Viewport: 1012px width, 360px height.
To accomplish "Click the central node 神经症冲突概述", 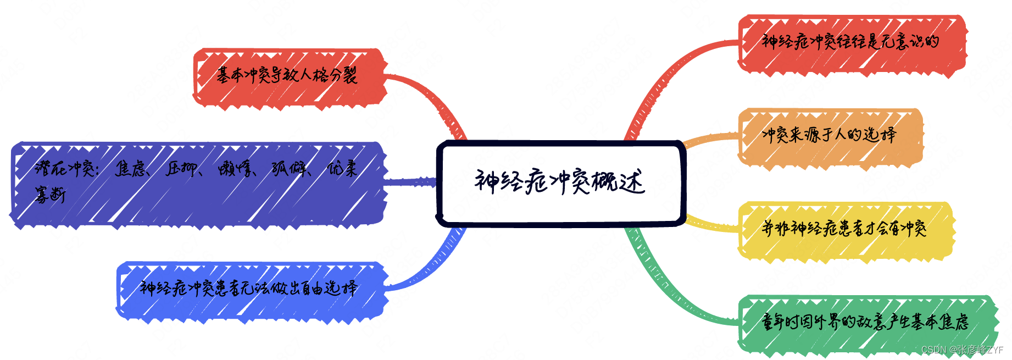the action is pyautogui.click(x=560, y=182).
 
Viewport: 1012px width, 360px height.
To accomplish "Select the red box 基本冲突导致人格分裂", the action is pyautogui.click(x=288, y=76).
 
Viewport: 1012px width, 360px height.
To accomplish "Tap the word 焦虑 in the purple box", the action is pyautogui.click(x=131, y=169).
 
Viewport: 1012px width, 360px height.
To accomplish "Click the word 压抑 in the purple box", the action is pyautogui.click(x=182, y=169).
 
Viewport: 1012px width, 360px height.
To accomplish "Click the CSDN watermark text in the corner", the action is pyautogui.click(x=962, y=350).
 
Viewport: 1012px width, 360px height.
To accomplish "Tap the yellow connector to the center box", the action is pyautogui.click(x=711, y=225).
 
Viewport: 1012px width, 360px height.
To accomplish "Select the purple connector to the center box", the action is pyautogui.click(x=409, y=181).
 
